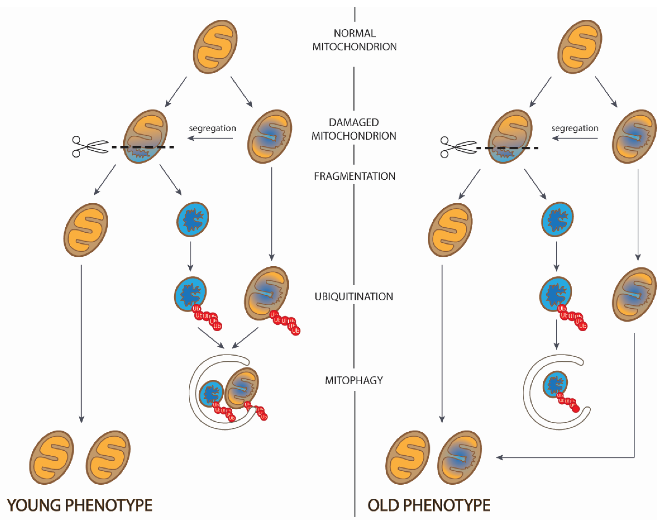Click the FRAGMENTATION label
coord(354,176)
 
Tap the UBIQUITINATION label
coord(354,296)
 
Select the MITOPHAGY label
coord(354,380)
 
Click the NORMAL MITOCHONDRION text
coord(354,40)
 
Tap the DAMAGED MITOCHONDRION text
coord(354,129)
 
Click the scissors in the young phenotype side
coord(89,147)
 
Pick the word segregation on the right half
coord(575,128)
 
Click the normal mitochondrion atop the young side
coord(215,47)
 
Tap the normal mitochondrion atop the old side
coord(579,47)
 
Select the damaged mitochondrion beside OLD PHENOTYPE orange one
coord(459,457)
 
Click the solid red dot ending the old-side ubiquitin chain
coord(576,409)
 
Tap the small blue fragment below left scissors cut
coord(193,219)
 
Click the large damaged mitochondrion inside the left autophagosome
coord(241,388)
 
